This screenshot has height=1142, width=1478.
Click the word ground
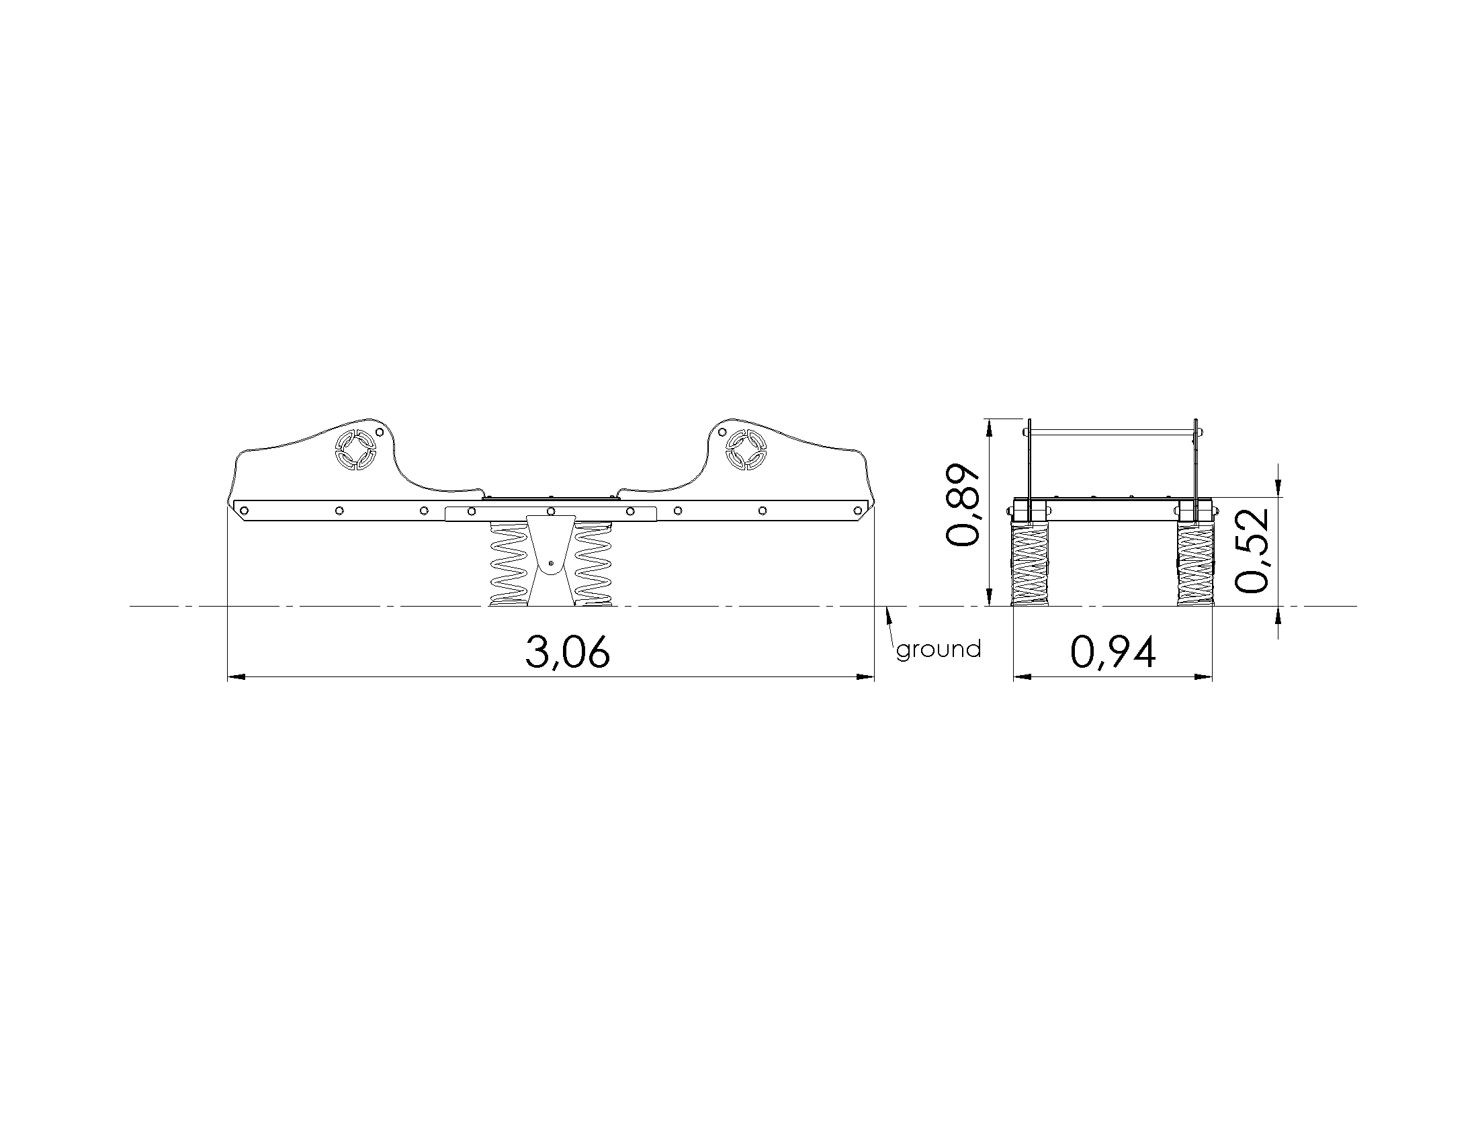click(x=939, y=650)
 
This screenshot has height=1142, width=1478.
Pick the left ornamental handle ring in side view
click(x=355, y=449)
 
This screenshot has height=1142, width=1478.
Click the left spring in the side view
click(x=509, y=563)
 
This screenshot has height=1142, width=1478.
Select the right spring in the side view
click(x=593, y=563)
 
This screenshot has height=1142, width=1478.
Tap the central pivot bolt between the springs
click(x=551, y=562)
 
